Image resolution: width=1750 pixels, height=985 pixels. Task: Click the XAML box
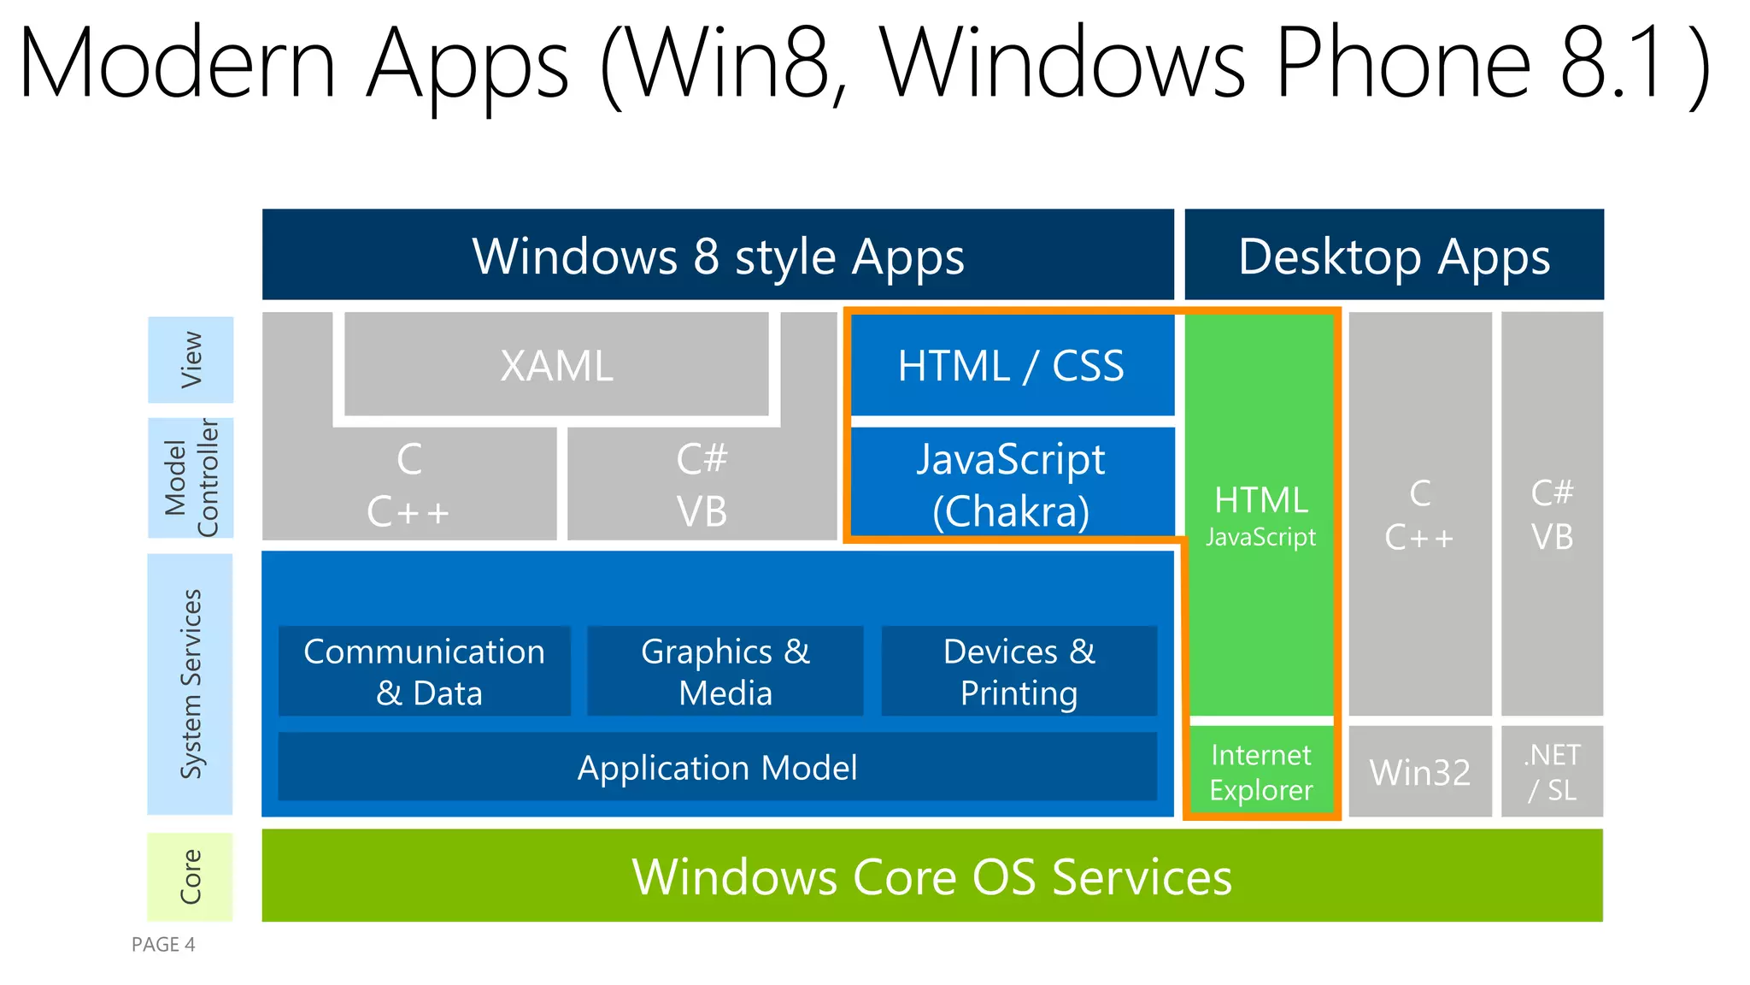tap(556, 365)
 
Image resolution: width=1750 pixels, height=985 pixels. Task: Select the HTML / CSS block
tap(1012, 366)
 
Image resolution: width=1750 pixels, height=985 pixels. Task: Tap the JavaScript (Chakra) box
tap(1012, 483)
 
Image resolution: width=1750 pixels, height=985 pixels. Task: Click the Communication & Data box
tap(425, 671)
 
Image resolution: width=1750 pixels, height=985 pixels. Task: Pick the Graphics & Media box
tap(725, 671)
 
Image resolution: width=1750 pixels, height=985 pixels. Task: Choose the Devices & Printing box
tap(1019, 671)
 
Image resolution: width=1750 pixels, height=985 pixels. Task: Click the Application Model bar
tap(718, 767)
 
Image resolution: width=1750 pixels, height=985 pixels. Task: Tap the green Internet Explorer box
tap(1261, 771)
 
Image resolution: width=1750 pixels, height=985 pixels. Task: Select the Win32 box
tap(1420, 772)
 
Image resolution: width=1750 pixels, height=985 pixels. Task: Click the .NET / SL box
tap(1552, 772)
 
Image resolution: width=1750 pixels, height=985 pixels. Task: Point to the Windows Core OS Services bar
tap(931, 876)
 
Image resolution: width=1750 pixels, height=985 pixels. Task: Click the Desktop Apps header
tap(1394, 256)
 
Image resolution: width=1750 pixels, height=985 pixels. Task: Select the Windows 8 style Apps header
tap(718, 256)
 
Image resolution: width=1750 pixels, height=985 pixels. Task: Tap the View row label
tap(191, 360)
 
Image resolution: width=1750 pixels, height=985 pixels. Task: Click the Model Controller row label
tap(191, 478)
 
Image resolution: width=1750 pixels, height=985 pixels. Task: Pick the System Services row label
tap(191, 684)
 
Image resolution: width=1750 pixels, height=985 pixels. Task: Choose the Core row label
tap(191, 876)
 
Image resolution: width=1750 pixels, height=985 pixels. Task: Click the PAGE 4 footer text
tap(163, 944)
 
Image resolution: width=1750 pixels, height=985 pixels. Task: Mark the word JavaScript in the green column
tap(1261, 537)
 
